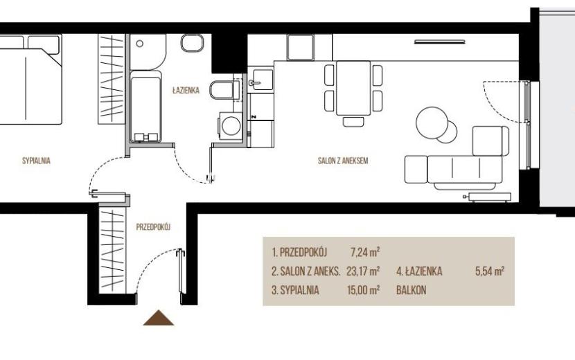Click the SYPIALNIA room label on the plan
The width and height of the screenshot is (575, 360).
tap(36, 161)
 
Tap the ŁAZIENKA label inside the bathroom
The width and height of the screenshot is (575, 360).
tap(186, 90)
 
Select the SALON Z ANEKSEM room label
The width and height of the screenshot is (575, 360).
tap(343, 161)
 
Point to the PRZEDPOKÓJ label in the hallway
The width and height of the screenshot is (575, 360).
tap(154, 227)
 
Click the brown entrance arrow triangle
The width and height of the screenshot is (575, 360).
tap(159, 318)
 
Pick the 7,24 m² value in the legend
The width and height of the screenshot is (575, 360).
tap(365, 252)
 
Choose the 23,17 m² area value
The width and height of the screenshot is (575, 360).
tap(363, 271)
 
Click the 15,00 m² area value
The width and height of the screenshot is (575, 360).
tap(363, 290)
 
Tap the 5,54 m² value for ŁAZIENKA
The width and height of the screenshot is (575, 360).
tap(490, 271)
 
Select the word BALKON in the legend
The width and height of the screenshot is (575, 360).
tap(412, 290)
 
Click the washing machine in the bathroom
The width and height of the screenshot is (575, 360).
tap(230, 126)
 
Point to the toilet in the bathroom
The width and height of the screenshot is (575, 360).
tap(224, 89)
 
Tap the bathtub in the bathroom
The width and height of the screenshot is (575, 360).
tap(145, 106)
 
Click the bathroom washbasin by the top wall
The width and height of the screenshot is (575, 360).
tap(192, 43)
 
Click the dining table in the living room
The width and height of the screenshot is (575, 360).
tap(353, 88)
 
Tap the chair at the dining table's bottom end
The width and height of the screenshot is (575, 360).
tap(353, 121)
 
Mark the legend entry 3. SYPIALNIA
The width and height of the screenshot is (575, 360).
tap(295, 290)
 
